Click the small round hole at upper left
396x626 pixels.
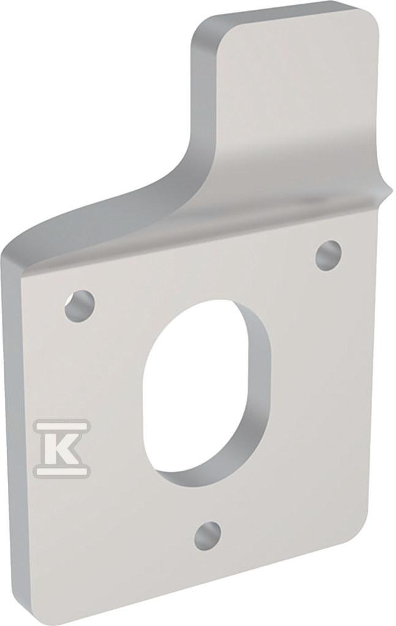[80, 306]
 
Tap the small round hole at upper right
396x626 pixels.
[329, 256]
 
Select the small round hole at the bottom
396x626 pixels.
[207, 536]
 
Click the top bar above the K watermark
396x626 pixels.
[62, 425]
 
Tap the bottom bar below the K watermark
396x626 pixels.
[62, 473]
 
